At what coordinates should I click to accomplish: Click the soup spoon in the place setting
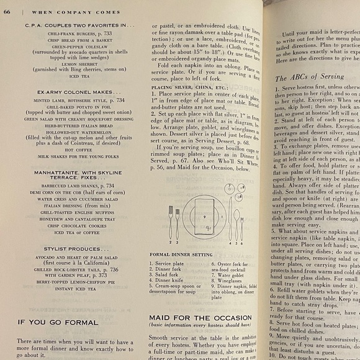coord(236,221)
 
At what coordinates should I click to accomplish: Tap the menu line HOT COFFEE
coord(77,150)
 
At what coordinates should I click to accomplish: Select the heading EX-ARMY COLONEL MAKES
coord(77,91)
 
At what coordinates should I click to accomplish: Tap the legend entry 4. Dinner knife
coord(175,280)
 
